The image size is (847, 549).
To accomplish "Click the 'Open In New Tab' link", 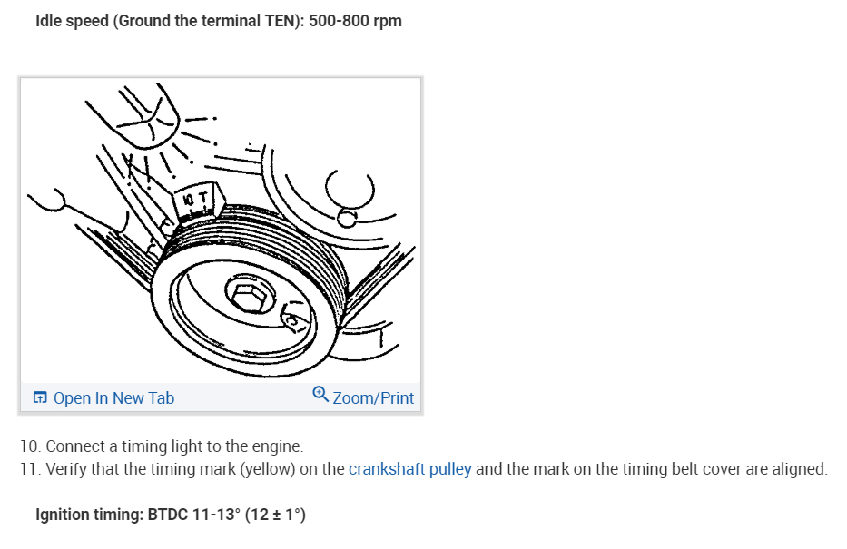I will tap(113, 397).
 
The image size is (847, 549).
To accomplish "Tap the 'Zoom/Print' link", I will tap(372, 397).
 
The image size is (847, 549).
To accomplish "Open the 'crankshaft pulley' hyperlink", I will tap(409, 469).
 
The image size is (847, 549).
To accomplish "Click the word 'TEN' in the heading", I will tap(273, 21).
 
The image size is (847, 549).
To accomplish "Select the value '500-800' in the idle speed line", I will tap(339, 21).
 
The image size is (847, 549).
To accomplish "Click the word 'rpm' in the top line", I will tap(387, 21).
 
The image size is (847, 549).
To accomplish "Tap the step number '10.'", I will tap(30, 446).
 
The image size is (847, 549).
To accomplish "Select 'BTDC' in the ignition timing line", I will tap(167, 515).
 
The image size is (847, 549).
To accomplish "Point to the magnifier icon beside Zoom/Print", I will tap(320, 395).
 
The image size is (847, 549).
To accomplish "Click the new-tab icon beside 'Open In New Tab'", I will tap(40, 397).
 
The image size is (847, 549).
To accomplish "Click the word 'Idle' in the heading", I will tap(49, 21).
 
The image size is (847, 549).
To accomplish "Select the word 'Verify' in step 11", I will tap(65, 469).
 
